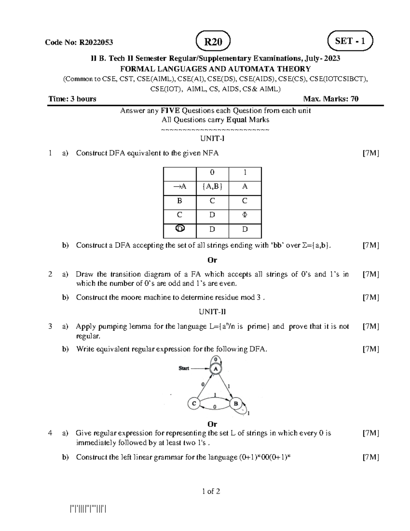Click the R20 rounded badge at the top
(213, 42)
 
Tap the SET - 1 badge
(350, 41)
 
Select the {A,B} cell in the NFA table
(212, 186)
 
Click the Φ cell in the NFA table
(245, 215)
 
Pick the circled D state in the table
(180, 228)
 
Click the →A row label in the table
(180, 186)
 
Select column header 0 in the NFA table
(212, 172)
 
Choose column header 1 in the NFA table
(245, 172)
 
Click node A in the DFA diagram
(216, 369)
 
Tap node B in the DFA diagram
(235, 403)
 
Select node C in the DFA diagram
(194, 403)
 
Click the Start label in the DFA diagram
(184, 368)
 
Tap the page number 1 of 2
(211, 491)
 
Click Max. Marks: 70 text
(331, 99)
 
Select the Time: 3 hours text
(72, 99)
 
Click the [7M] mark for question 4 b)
(371, 457)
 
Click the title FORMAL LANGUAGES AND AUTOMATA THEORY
(214, 69)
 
